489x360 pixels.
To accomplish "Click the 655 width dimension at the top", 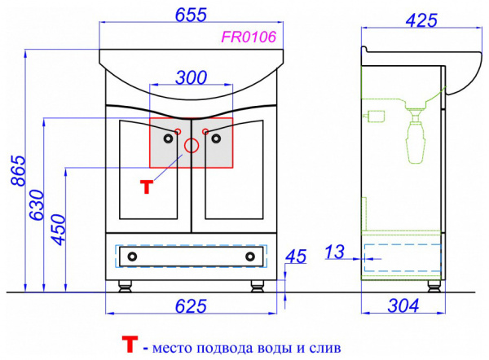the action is pyautogui.click(x=191, y=15).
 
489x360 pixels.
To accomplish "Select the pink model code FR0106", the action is pyautogui.click(x=249, y=37).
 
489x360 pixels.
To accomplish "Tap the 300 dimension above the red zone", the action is pyautogui.click(x=192, y=77).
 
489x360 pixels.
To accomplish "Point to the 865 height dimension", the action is pyautogui.click(x=18, y=170).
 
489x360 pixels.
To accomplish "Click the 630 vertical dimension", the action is pyautogui.click(x=37, y=204).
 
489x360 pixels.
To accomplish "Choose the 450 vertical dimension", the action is pyautogui.click(x=59, y=230).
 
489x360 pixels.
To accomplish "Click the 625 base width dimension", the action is pyautogui.click(x=191, y=306).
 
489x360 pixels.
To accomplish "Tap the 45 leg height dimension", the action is pyautogui.click(x=296, y=257).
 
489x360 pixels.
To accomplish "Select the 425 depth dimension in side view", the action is pyautogui.click(x=421, y=20).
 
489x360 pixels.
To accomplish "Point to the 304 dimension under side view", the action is pyautogui.click(x=403, y=305).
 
